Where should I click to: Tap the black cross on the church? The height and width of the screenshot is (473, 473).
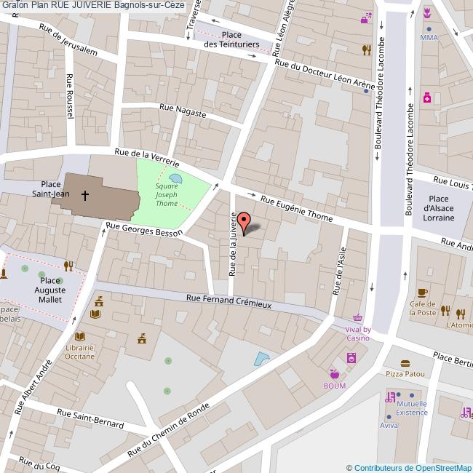click(85, 195)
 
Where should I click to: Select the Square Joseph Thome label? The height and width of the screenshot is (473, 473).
click(166, 195)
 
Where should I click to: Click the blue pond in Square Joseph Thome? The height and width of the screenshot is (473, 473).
click(175, 178)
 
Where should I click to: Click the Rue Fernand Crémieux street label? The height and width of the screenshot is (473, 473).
click(228, 301)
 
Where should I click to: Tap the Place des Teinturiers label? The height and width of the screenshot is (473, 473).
click(231, 39)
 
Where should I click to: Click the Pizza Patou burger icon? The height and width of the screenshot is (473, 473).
click(405, 363)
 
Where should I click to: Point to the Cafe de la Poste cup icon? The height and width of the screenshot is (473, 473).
click(423, 293)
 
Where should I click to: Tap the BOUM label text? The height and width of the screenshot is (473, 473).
click(335, 386)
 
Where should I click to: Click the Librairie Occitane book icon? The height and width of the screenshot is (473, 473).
click(79, 337)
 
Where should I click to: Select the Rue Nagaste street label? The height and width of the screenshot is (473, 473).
click(183, 111)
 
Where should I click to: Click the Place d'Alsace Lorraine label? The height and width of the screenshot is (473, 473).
click(438, 208)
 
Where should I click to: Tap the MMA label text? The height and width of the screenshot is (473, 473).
click(428, 37)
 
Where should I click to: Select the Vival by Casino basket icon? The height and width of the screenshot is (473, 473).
click(357, 318)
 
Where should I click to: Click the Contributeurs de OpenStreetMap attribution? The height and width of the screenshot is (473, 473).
click(408, 467)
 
